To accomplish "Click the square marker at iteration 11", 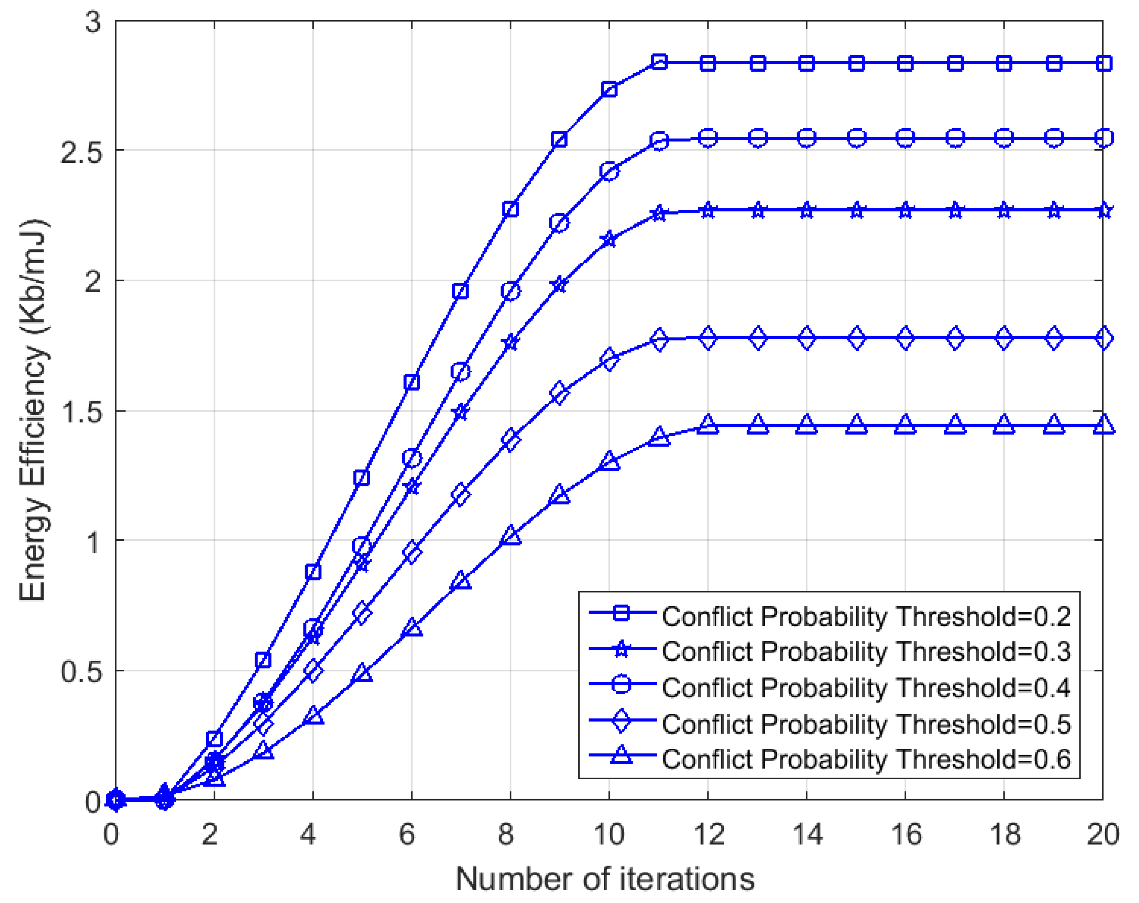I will click(659, 62).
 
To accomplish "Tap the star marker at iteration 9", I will click(559, 285).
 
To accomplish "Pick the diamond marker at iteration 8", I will click(510, 439).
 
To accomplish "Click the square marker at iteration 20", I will click(1104, 63).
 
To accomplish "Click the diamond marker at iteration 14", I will click(806, 338).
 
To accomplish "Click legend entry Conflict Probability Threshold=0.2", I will click(866, 617).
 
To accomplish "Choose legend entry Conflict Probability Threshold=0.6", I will click(866, 759).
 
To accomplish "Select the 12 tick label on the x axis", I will click(708, 835).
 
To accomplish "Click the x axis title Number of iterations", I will click(605, 879).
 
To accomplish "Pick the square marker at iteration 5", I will click(362, 478).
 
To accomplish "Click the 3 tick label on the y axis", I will click(93, 23).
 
